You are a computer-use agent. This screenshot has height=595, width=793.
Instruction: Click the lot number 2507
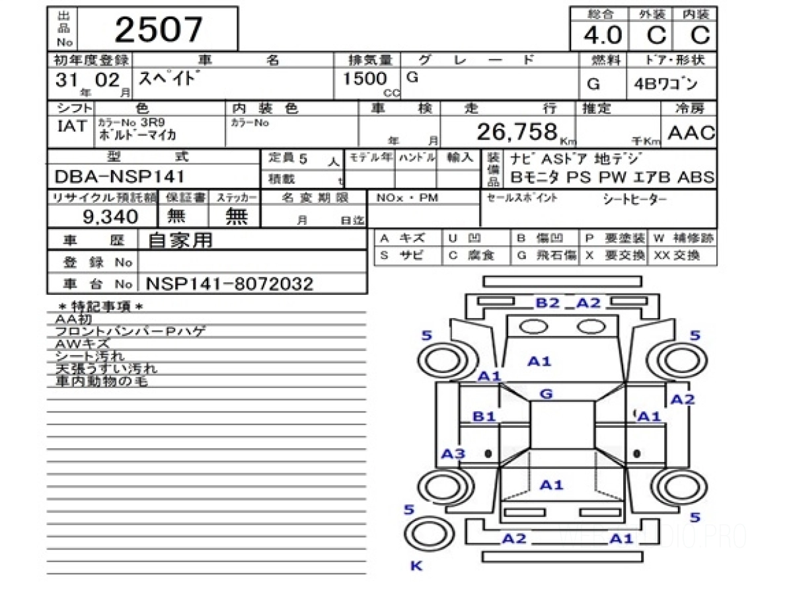click(159, 30)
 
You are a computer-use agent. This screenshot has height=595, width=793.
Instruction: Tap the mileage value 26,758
click(517, 132)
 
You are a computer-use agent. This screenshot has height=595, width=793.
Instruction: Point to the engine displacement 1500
click(365, 79)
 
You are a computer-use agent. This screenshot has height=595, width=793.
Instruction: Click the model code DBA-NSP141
click(120, 177)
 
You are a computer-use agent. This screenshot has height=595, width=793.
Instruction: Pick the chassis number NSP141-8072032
click(229, 284)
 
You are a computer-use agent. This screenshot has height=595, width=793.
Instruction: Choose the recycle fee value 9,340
click(110, 216)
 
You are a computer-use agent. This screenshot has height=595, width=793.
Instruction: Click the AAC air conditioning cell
click(691, 132)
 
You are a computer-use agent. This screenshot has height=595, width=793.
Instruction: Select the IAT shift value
click(71, 126)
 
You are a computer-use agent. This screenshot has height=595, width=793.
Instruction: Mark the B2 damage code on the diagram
click(547, 303)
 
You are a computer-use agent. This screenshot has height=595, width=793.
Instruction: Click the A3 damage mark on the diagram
click(453, 454)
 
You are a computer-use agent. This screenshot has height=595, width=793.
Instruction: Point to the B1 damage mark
click(484, 416)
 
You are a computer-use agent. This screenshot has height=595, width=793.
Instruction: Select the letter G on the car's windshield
click(546, 394)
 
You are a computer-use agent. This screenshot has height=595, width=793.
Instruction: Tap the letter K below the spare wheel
click(416, 566)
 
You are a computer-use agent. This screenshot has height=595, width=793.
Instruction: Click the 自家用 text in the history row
click(180, 241)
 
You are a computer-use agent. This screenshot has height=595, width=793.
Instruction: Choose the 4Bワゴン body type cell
click(671, 85)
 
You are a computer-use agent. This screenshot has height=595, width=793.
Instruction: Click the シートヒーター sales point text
click(635, 199)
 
